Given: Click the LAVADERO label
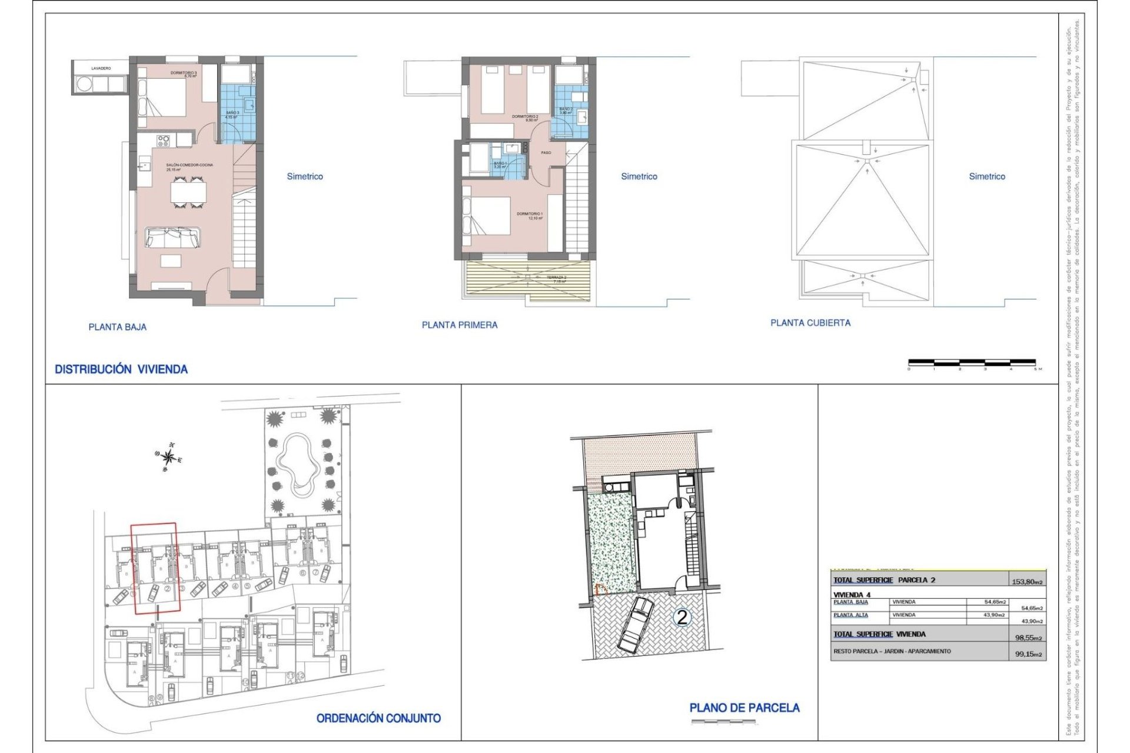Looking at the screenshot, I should click(101, 69).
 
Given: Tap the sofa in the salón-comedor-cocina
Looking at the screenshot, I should click(172, 238).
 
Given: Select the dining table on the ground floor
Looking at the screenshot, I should click(189, 192).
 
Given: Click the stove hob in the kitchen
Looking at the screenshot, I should click(163, 141).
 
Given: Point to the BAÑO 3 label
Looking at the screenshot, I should click(232, 114).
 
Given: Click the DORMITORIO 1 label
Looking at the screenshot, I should click(530, 215).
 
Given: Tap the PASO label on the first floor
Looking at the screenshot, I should click(546, 153).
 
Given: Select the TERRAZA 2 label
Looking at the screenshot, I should click(556, 278).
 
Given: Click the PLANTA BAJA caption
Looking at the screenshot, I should click(118, 327).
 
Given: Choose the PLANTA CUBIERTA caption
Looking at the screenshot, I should click(810, 323).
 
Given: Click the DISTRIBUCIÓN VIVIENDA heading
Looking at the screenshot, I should click(121, 369).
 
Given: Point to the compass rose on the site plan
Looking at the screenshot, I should click(169, 457).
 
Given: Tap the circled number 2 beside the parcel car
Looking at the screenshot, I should click(682, 617).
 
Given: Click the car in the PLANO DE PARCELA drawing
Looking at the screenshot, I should click(635, 625).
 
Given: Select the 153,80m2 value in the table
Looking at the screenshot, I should click(1027, 582).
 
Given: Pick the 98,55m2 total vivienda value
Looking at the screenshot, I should click(1028, 637).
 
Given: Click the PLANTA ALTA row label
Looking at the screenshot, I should click(850, 615).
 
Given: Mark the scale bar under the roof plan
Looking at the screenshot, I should click(972, 362).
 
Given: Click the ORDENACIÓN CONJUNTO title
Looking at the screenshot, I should click(378, 718).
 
